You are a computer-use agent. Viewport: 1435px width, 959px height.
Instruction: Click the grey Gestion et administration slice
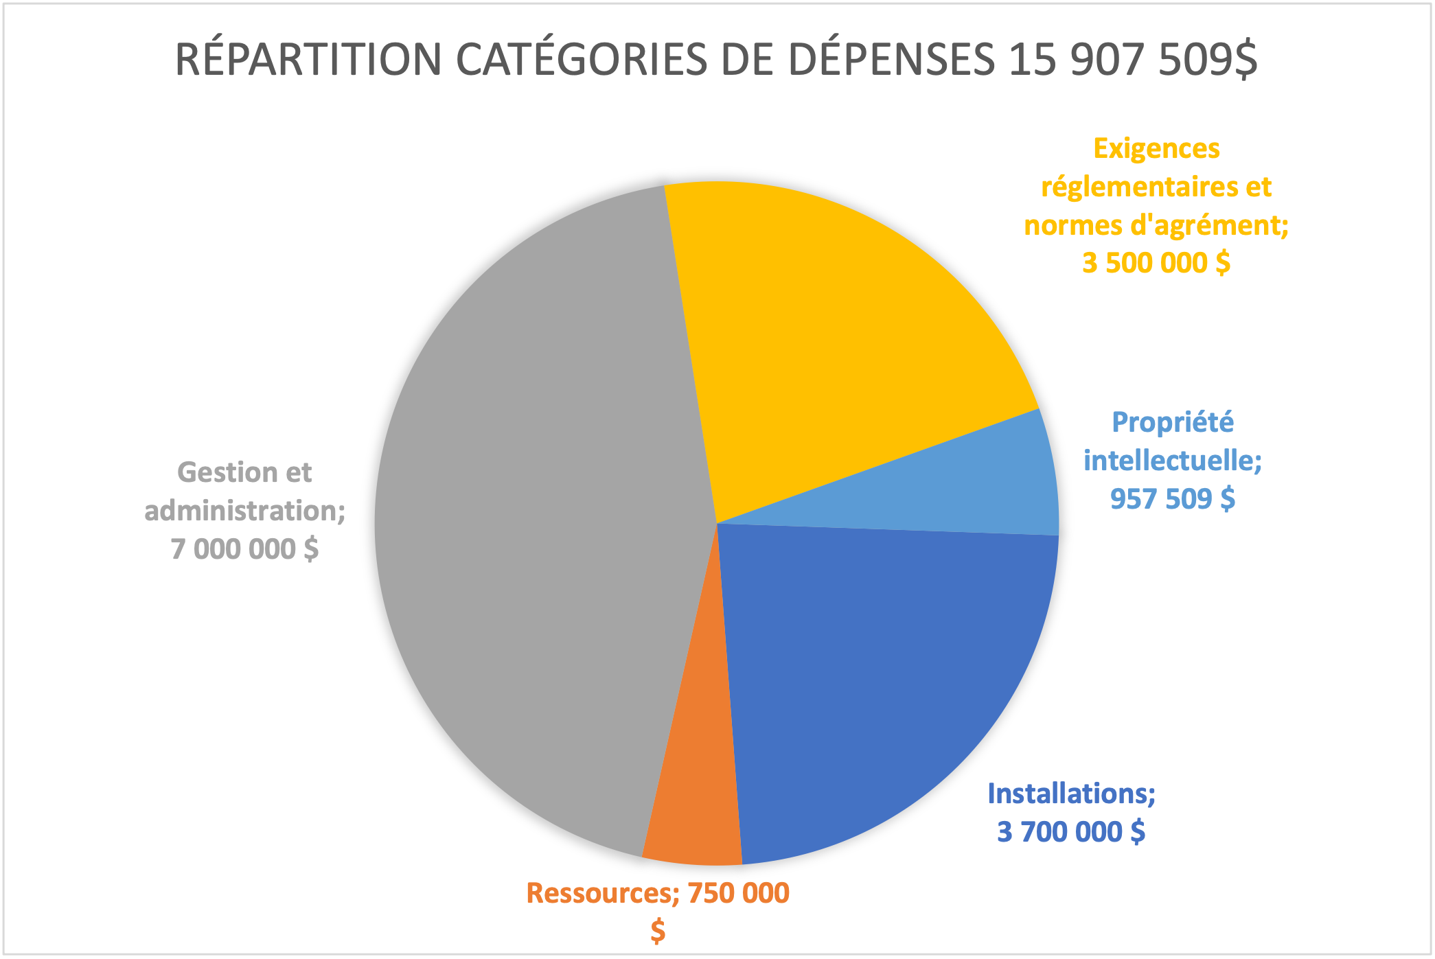(536, 522)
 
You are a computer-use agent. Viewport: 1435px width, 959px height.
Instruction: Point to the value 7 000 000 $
(244, 549)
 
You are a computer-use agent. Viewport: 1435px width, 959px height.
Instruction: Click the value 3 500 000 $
(1156, 263)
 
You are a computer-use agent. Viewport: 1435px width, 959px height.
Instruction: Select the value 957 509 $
(1173, 498)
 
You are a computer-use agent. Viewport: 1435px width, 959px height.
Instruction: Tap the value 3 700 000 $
(1071, 831)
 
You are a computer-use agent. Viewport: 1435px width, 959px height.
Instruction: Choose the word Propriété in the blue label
(1173, 422)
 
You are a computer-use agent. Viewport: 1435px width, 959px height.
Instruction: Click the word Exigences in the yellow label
(1156, 148)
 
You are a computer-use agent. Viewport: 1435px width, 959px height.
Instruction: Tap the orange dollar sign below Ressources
(658, 932)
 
